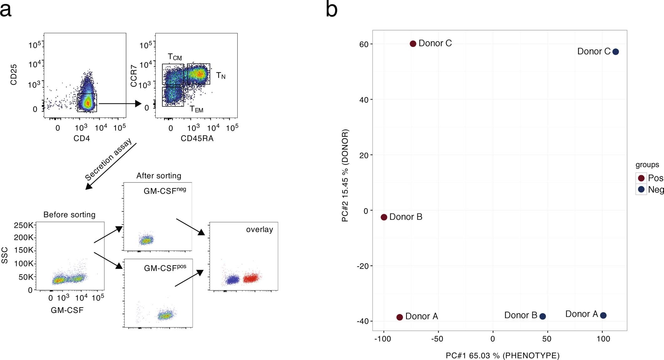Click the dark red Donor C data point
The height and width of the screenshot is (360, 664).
point(413,44)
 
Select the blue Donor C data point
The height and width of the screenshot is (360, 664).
point(615,52)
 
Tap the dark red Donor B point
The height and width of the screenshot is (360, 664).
point(384,217)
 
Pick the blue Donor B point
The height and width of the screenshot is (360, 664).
point(543,316)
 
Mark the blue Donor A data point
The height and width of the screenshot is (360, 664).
point(603,316)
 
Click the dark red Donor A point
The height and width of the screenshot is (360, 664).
point(400,317)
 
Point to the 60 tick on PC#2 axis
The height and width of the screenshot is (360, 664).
point(364,44)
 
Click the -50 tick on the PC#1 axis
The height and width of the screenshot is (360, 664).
point(437,339)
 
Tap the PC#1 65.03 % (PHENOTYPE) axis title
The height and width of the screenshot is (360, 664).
point(502,356)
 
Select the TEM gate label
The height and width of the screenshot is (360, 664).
point(196,109)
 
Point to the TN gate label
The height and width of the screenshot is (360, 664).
point(220,76)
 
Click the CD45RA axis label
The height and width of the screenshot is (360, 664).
point(197,138)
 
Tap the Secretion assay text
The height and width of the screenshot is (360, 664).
point(108,160)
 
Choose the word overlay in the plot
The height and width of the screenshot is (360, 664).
point(259,229)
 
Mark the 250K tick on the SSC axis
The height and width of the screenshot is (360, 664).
point(23,225)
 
